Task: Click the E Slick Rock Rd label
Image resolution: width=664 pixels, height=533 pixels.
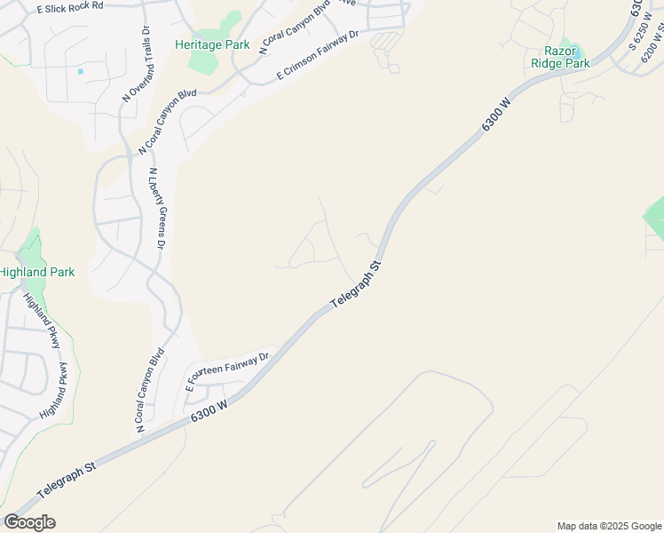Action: pyautogui.click(x=71, y=6)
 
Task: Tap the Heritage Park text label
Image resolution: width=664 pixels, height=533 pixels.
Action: pyautogui.click(x=212, y=44)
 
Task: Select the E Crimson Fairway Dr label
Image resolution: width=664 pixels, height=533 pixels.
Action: pyautogui.click(x=317, y=55)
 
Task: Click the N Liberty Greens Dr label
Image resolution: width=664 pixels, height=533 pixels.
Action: pyautogui.click(x=157, y=208)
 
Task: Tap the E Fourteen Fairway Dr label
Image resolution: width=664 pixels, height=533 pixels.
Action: pyautogui.click(x=226, y=372)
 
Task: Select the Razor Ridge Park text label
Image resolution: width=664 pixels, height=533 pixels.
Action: pyautogui.click(x=560, y=58)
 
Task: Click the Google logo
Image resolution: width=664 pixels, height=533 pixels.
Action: pyautogui.click(x=29, y=522)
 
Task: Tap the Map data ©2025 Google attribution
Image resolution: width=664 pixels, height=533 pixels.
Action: pyautogui.click(x=610, y=526)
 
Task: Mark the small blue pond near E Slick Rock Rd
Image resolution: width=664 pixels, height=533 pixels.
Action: pyautogui.click(x=81, y=71)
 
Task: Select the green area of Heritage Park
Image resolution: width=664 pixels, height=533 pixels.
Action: pyautogui.click(x=206, y=62)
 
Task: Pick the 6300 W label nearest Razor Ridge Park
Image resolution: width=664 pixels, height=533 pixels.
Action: pyautogui.click(x=498, y=115)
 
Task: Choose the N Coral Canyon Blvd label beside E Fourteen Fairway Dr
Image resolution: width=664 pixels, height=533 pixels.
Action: pyautogui.click(x=149, y=392)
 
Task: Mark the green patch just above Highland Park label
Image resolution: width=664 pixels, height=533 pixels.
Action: pyautogui.click(x=33, y=244)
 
